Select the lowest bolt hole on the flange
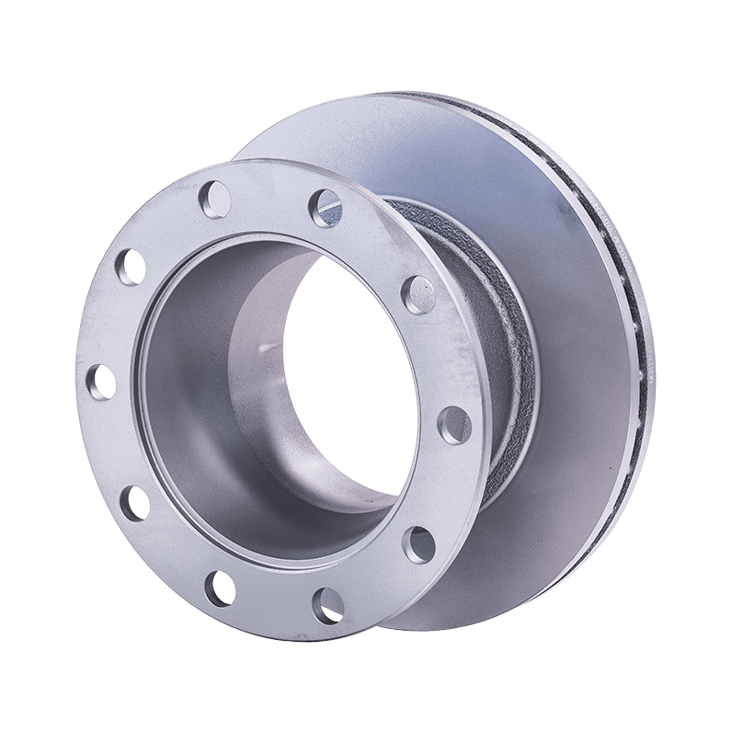[326, 602]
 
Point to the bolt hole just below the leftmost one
[134, 499]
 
